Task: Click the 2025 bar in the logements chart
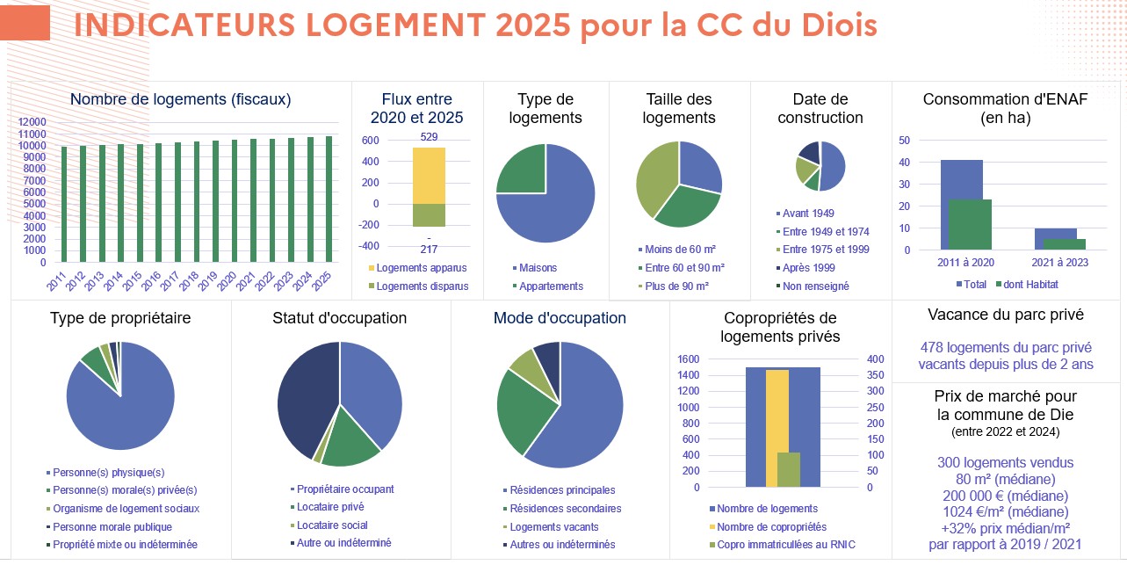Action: point(329,199)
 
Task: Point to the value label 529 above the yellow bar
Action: point(429,137)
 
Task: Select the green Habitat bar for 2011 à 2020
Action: point(970,225)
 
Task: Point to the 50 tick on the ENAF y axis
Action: point(904,141)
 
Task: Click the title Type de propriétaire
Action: point(120,317)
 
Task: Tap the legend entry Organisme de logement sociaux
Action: point(126,509)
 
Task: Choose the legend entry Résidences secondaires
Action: point(565,509)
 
